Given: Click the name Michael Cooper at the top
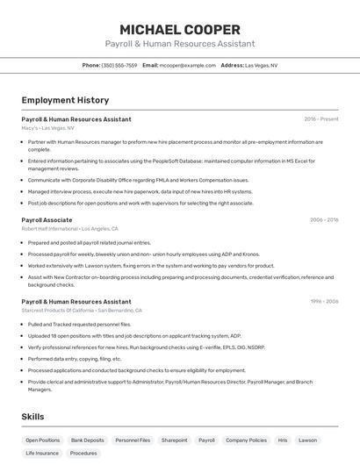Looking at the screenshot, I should point(179,29).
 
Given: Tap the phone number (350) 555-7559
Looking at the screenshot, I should point(119,65).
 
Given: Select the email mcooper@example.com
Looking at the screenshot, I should point(187,65).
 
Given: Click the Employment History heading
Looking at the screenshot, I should point(65,101).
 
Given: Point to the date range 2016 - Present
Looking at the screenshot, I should point(320,119).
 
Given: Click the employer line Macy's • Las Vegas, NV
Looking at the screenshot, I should point(47,128).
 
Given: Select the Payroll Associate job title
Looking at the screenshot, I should point(47,220).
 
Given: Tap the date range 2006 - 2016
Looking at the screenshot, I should point(323,220).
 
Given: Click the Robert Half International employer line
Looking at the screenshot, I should point(66,229).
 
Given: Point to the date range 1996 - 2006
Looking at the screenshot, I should point(323,302).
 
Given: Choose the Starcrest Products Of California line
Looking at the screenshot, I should point(82,311).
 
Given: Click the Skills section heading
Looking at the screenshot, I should point(32,417).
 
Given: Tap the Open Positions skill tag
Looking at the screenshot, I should point(43,440).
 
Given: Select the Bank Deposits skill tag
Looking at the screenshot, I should point(88,440).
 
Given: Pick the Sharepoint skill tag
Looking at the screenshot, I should point(174,440).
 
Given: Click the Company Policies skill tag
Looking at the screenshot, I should point(246,440).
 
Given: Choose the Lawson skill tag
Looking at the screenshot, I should point(307,440).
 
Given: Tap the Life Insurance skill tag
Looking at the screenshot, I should point(42,454).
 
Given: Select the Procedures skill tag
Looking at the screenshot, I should point(83,454).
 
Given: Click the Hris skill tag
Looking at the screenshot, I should point(283,440).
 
